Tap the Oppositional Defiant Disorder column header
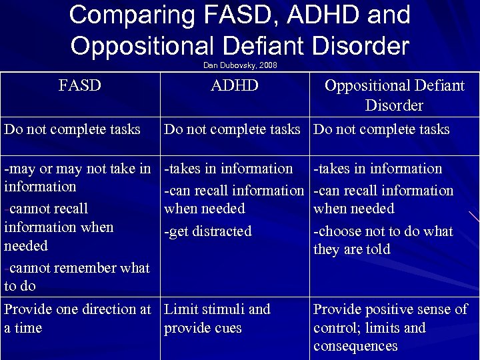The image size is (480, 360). click(x=394, y=95)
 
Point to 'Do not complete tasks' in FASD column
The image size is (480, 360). click(x=72, y=129)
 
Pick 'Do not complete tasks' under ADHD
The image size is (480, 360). click(x=232, y=129)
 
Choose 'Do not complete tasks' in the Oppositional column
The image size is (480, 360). click(x=381, y=129)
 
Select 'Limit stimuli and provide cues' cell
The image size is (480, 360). click(x=217, y=319)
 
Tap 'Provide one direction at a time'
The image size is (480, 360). click(x=77, y=319)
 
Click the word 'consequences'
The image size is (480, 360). click(x=355, y=346)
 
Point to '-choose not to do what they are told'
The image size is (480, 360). click(x=383, y=241)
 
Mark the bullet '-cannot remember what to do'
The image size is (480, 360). click(x=77, y=277)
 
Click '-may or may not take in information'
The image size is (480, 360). click(x=77, y=177)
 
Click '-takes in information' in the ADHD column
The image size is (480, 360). click(x=229, y=169)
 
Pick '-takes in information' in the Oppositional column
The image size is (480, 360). click(x=378, y=169)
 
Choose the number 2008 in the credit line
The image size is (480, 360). click(x=267, y=65)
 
